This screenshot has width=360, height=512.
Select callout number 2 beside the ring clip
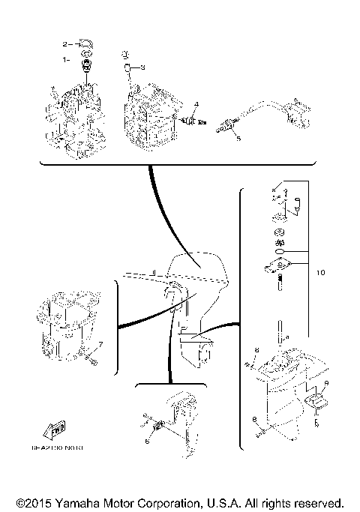pos(65,44)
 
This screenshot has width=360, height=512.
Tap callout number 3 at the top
pos(142,67)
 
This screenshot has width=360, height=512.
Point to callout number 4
pos(196,103)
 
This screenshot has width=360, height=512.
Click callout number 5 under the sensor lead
pos(236,138)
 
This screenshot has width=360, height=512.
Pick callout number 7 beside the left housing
pos(101,343)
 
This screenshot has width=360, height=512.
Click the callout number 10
pos(320,273)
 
